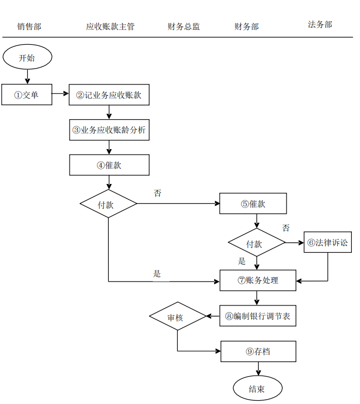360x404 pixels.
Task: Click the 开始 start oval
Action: tap(27, 58)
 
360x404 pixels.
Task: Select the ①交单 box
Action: tap(27, 95)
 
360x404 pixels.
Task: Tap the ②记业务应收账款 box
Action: tap(109, 95)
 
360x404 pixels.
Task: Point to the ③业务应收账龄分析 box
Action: tap(109, 130)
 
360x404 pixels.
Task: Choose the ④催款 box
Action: tap(109, 165)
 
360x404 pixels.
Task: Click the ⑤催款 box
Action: tap(253, 204)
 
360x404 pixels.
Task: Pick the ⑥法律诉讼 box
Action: tap(327, 242)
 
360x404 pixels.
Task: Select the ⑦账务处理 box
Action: tap(258, 280)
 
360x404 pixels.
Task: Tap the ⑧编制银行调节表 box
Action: tap(258, 316)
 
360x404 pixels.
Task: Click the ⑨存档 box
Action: tap(258, 352)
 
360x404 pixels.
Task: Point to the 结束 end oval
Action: tap(257, 389)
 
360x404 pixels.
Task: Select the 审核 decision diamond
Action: tap(177, 316)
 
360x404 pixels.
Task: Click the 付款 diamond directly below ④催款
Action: tap(108, 204)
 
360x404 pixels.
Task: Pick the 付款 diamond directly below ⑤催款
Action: tap(257, 243)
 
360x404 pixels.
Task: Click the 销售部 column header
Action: tap(29, 26)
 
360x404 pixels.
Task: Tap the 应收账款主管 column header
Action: tap(110, 26)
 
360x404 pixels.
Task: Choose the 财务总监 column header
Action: tap(184, 26)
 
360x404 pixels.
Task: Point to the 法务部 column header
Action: tap(320, 25)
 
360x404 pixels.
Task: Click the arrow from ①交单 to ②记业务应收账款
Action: tap(60, 95)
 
